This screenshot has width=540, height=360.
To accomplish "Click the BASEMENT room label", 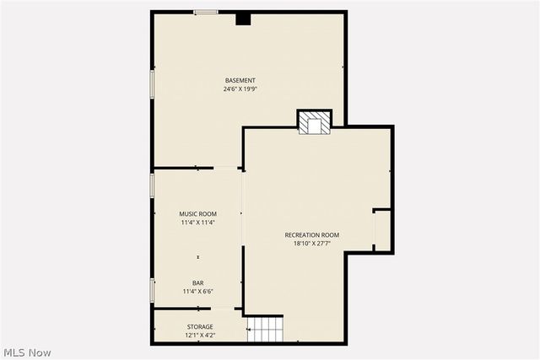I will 240,81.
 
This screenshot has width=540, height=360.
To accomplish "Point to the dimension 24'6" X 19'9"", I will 240,89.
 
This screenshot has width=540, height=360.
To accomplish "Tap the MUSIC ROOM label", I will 197,214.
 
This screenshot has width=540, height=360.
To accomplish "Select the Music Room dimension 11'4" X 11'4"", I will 197,223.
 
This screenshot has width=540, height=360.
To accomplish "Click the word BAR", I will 197,283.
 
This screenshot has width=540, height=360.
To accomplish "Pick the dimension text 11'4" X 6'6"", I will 197,292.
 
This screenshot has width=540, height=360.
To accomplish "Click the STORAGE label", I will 200,326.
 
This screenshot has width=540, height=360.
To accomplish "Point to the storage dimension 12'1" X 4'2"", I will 200,335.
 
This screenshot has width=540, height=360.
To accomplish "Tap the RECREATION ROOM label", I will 311,234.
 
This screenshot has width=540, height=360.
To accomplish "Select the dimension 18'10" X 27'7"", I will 311,243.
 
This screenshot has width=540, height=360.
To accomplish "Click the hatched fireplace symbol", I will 316,123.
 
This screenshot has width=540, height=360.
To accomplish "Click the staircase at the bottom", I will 266,328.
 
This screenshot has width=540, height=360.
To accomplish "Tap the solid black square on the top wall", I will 243,18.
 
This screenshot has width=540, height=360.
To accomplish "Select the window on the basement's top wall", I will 205,12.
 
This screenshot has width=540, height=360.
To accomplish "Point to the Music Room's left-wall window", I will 153,185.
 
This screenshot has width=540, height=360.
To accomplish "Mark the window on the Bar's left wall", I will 153,289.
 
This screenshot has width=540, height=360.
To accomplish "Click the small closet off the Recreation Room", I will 381,230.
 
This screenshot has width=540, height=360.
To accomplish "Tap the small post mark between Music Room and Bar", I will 198,256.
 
